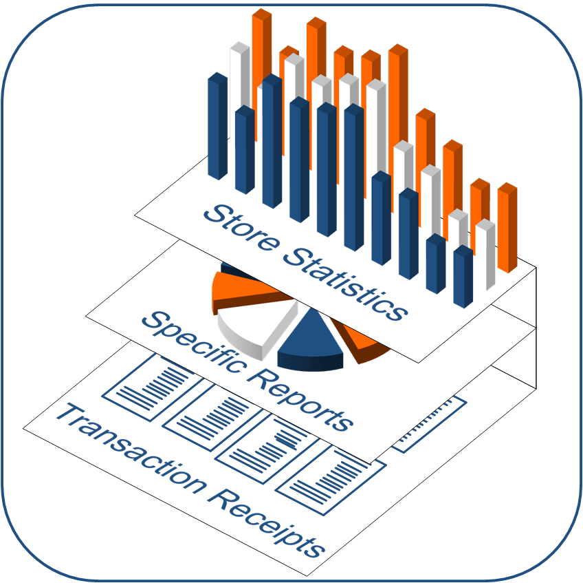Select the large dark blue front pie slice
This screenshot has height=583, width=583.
(x=309, y=344)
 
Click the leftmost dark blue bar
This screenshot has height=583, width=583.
(x=217, y=127)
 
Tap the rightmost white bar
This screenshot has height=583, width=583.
(x=485, y=255)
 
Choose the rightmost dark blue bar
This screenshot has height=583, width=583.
(x=463, y=275)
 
